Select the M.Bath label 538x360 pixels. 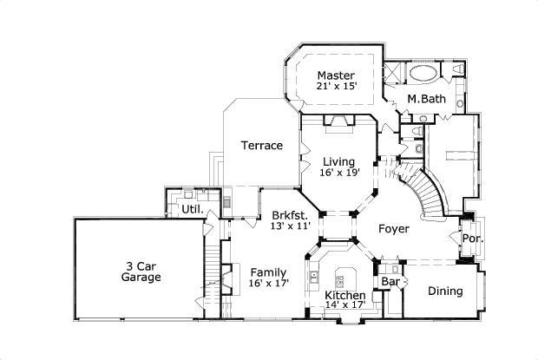pyautogui.click(x=427, y=100)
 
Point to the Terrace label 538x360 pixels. pyautogui.click(x=261, y=146)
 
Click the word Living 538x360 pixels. pyautogui.click(x=339, y=161)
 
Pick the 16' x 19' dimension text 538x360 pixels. pyautogui.click(x=339, y=173)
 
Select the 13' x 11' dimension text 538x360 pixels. pyautogui.click(x=290, y=226)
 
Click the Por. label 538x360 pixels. pyautogui.click(x=471, y=239)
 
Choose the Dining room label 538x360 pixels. pyautogui.click(x=445, y=291)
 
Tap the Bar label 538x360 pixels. pyautogui.click(x=390, y=282)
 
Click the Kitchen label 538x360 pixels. pyautogui.click(x=344, y=296)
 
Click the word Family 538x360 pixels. pyautogui.click(x=268, y=272)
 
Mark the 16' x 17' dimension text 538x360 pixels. pyautogui.click(x=268, y=284)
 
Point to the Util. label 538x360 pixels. pyautogui.click(x=192, y=209)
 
